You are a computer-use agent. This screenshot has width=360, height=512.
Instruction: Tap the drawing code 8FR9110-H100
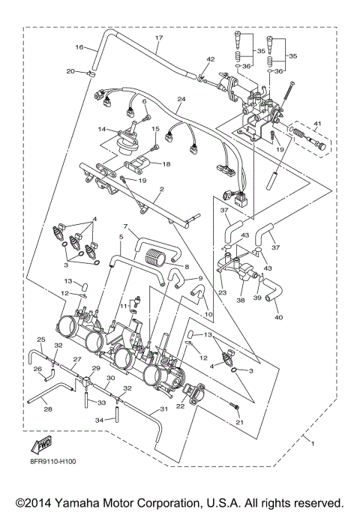tap(52, 462)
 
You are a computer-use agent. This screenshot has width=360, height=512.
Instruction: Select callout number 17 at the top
tap(159, 38)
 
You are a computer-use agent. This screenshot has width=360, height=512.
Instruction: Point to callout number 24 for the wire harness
tap(181, 99)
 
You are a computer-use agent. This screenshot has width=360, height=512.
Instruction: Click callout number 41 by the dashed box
tap(317, 124)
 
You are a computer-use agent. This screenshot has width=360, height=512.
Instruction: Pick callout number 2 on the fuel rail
tap(161, 190)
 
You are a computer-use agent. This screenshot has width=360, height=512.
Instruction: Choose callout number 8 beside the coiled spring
tap(187, 267)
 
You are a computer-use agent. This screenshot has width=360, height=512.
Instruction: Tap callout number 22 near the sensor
tap(180, 406)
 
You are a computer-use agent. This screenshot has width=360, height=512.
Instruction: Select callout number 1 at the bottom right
tap(313, 444)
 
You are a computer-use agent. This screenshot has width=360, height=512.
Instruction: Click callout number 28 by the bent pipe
tap(48, 409)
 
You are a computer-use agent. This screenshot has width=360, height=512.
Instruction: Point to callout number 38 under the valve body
tap(241, 300)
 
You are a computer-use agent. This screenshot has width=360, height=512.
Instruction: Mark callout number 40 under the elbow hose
tap(279, 317)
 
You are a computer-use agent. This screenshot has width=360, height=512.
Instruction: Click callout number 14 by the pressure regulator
tap(102, 129)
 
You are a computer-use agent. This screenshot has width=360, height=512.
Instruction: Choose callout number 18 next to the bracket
tap(166, 164)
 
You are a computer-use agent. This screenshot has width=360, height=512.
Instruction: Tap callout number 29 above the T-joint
tap(96, 368)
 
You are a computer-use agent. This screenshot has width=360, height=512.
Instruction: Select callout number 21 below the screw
tap(238, 423)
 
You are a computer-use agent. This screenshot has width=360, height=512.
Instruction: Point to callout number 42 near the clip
tap(211, 59)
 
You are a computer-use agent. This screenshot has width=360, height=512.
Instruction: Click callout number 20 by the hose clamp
tap(70, 71)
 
